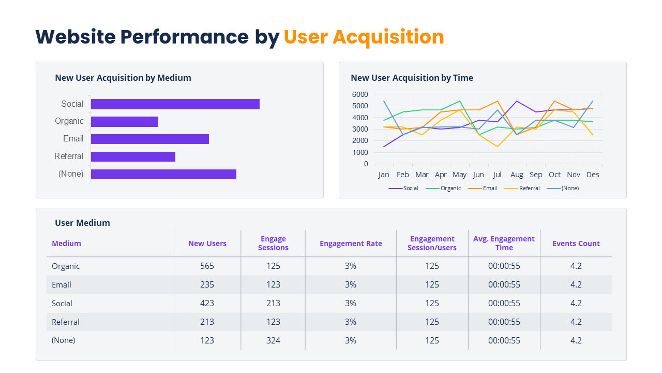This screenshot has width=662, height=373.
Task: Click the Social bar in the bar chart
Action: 175,104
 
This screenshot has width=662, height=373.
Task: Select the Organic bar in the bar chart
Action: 124,122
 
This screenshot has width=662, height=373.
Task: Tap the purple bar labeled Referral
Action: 133,156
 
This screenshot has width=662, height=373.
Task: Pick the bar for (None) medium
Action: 163,174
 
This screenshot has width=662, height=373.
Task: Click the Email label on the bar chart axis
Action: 73,139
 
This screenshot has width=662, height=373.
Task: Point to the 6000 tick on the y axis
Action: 359,94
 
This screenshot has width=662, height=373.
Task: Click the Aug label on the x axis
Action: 517,175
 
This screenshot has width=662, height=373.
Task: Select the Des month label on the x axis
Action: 593,175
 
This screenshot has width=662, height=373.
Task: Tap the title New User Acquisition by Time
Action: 412,78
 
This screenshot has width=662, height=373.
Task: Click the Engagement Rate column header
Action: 351,243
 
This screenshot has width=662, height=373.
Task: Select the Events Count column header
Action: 576,243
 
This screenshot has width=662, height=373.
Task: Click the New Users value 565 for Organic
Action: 207,266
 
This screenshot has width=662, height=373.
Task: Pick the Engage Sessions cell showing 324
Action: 273,340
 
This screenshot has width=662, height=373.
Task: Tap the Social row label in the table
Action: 62,303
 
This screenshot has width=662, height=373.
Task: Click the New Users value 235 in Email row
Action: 207,284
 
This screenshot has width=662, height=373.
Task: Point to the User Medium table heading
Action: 82,223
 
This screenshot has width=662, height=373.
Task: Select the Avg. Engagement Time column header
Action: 504,243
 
